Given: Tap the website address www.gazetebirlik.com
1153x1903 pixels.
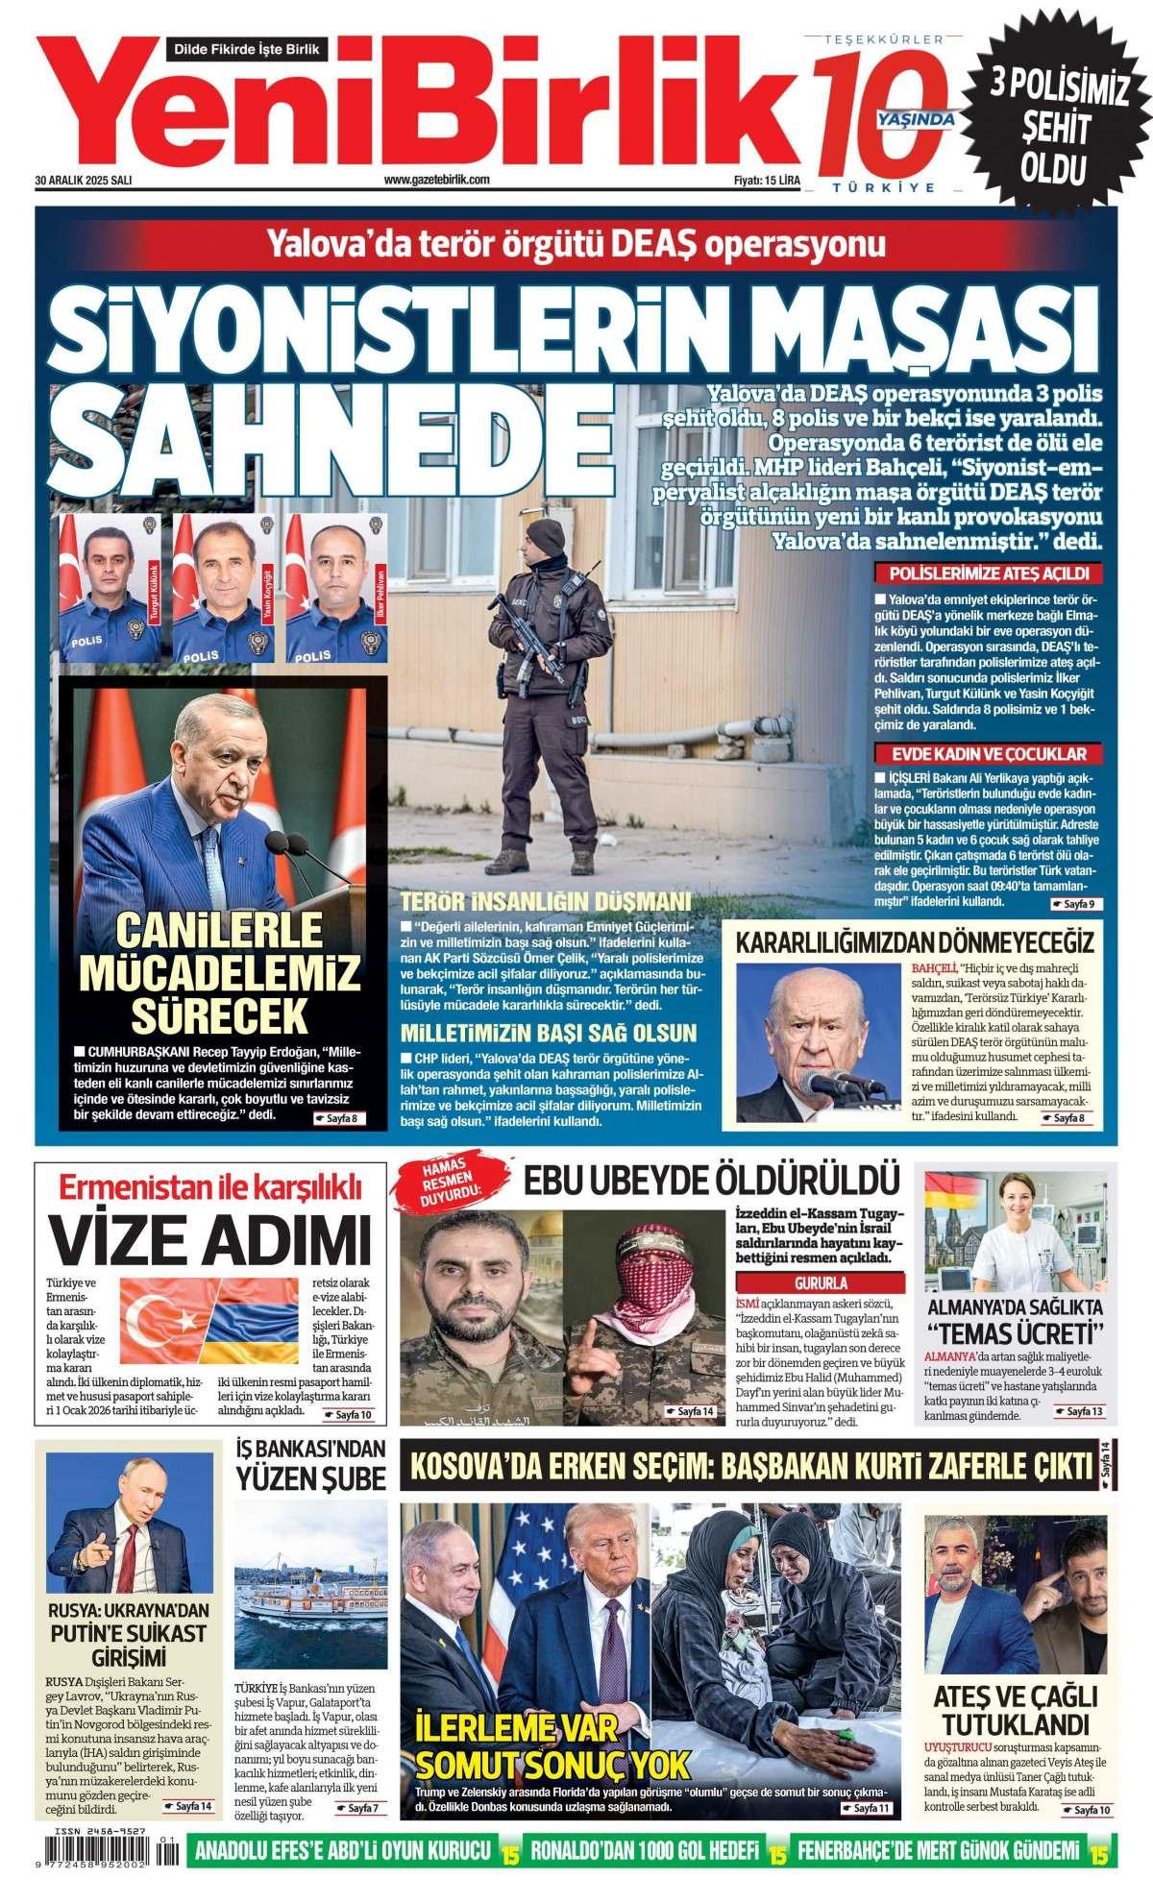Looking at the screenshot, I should coord(437,180).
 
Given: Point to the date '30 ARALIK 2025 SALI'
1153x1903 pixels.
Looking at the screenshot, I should coord(84,180).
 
